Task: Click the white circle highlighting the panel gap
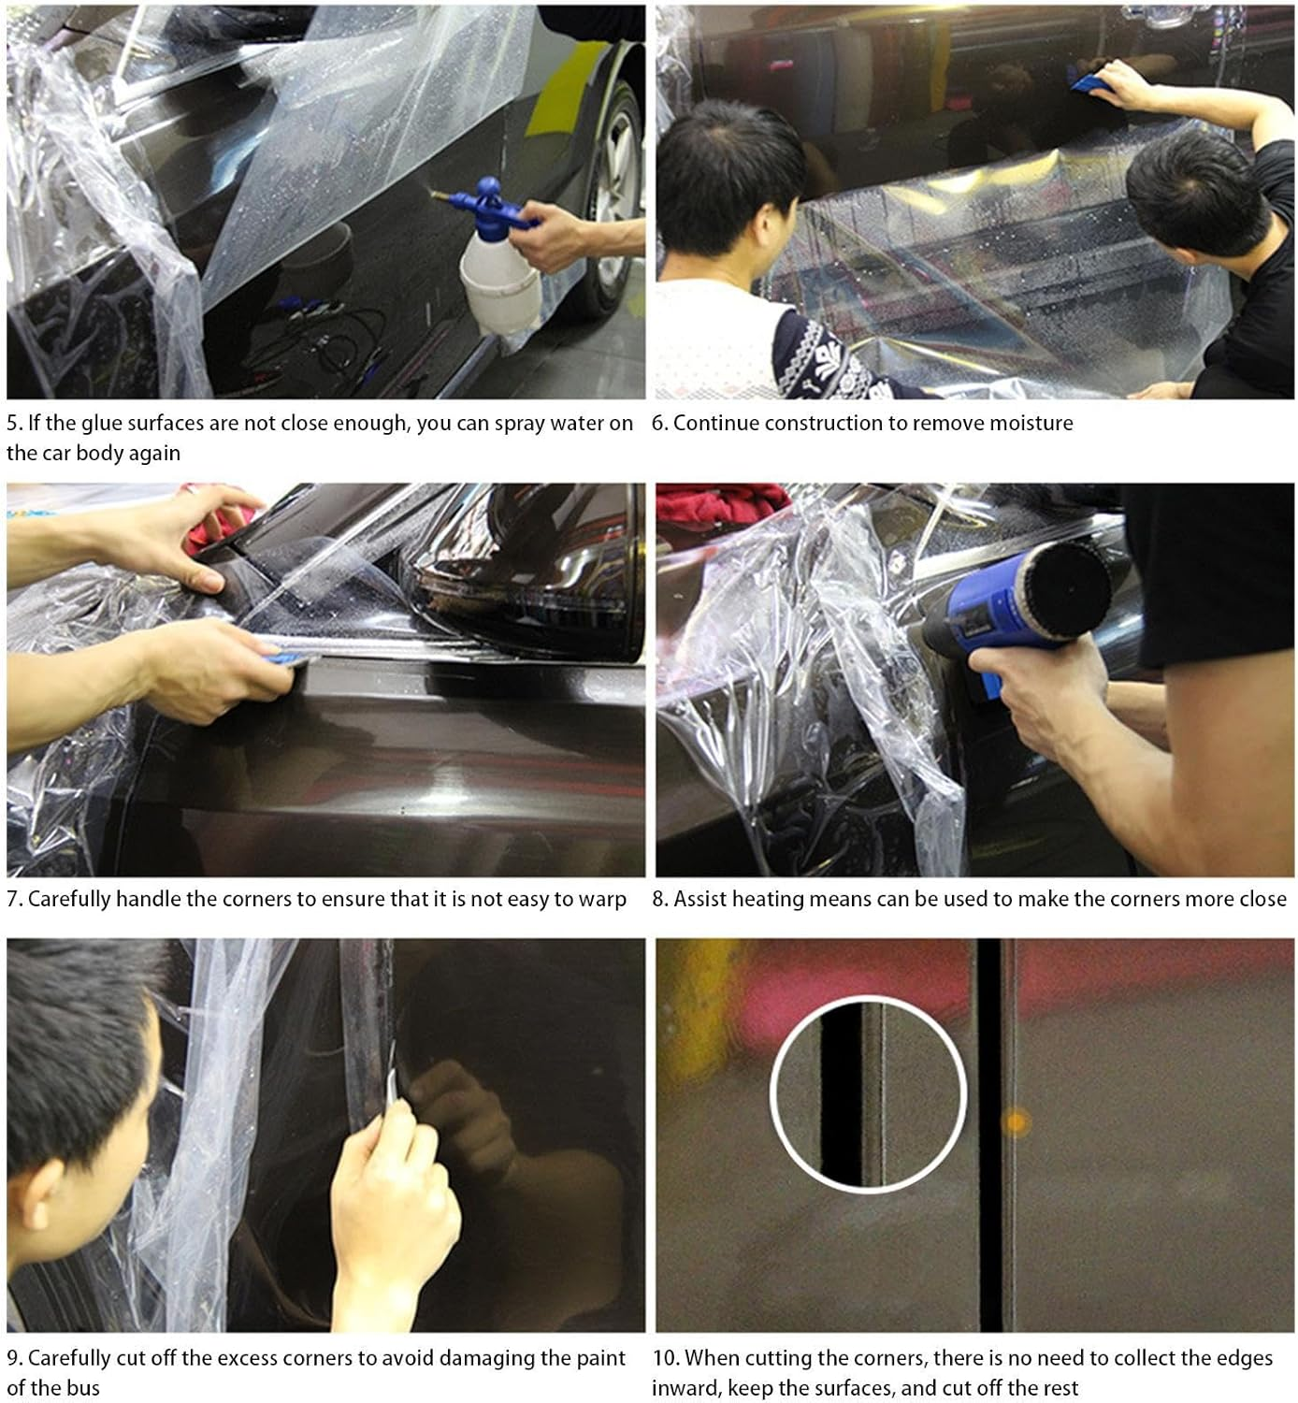click(868, 1092)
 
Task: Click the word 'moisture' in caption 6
click(1029, 423)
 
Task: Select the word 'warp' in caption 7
click(601, 900)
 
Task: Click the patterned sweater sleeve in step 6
click(823, 355)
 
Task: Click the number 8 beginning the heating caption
click(659, 900)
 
